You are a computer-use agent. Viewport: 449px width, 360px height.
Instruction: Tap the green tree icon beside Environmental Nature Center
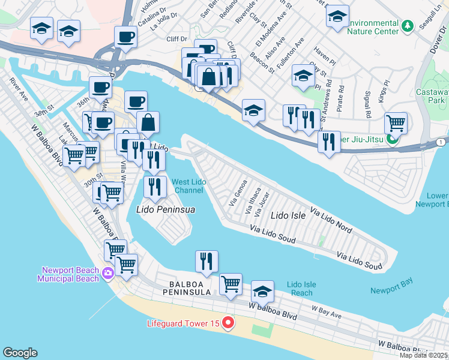[408, 26]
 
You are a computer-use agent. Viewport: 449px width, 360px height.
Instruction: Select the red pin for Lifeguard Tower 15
[228, 323]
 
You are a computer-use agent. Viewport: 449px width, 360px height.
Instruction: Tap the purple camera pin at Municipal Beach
[107, 274]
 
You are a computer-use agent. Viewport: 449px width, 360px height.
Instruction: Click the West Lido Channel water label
[188, 186]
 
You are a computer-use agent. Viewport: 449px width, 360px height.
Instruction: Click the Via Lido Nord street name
[331, 220]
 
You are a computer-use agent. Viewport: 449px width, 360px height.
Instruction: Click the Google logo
[20, 353]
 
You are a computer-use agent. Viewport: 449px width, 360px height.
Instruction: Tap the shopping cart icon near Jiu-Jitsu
[396, 123]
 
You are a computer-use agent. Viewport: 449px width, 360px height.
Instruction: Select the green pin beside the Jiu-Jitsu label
[393, 140]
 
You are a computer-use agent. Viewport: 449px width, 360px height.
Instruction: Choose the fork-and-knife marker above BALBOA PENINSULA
[206, 261]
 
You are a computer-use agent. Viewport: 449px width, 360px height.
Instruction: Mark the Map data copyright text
[424, 355]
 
